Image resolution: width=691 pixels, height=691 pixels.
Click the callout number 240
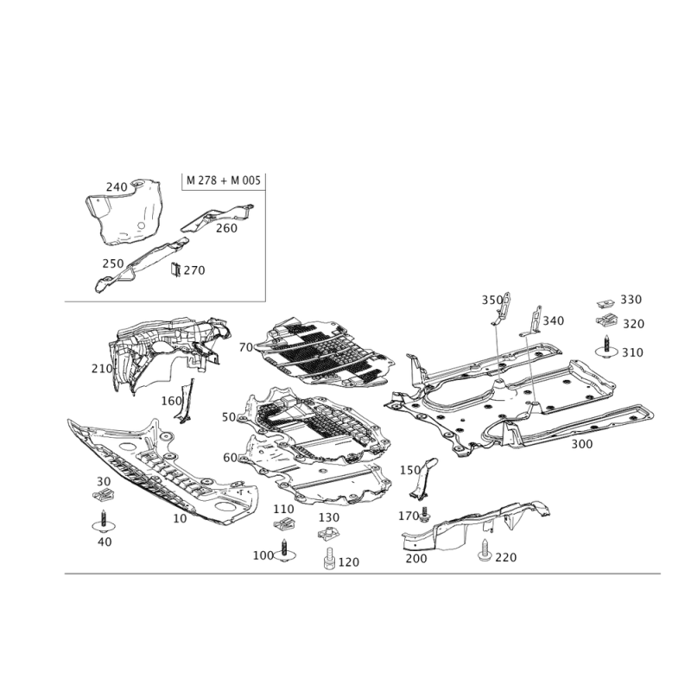117,187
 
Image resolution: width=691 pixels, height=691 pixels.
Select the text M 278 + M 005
224,181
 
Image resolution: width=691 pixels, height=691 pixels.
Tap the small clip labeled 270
176,269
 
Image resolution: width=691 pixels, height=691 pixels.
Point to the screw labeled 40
104,522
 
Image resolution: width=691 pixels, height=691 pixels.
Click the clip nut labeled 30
104,494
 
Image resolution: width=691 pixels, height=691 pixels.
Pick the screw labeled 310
607,347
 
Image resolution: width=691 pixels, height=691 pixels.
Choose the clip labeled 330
606,304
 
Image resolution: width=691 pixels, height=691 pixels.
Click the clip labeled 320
607,320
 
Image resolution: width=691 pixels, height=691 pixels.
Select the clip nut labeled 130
328,533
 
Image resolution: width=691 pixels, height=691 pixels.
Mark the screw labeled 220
485,550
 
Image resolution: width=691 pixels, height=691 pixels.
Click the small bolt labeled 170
425,514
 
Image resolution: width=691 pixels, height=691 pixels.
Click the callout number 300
581,444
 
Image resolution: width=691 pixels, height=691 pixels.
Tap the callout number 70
246,348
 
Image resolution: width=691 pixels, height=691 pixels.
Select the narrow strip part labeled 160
186,402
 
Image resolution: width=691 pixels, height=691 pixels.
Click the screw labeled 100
285,551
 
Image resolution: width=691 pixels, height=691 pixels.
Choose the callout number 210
102,369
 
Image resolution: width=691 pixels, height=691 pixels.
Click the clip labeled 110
284,524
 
